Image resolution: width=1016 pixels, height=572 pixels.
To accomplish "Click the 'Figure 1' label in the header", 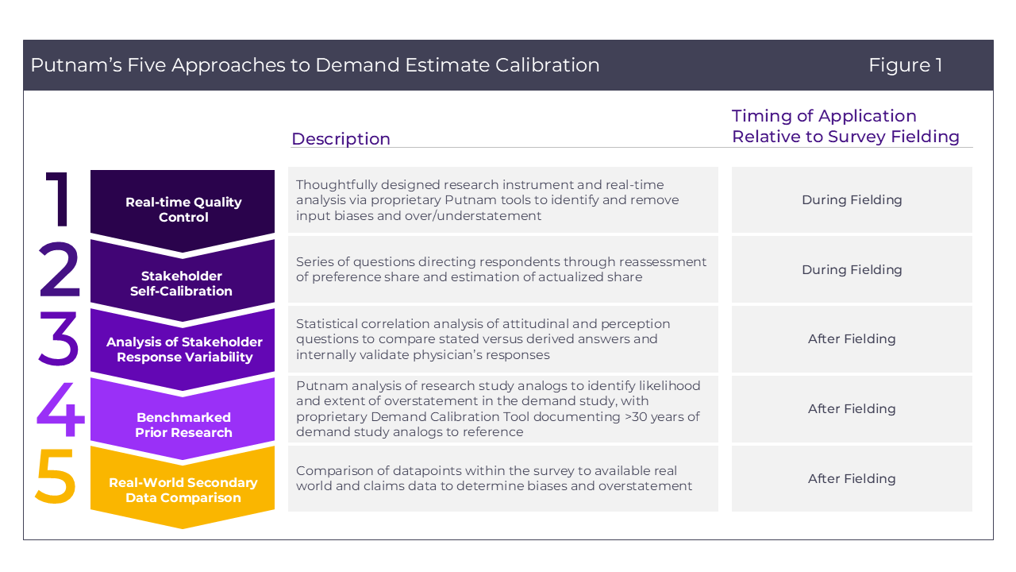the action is point(906,65).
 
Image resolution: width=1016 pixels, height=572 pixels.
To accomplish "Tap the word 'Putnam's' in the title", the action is point(76,65).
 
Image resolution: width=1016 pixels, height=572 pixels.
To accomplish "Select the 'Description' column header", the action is point(341,139).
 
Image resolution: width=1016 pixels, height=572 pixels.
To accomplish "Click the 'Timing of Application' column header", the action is point(824,116).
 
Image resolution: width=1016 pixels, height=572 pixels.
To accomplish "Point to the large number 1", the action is point(58,199).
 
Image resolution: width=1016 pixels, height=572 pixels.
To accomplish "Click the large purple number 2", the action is point(60,269).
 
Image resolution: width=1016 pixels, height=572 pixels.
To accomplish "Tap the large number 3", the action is point(59,338).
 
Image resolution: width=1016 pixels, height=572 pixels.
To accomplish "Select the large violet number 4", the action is point(60,408).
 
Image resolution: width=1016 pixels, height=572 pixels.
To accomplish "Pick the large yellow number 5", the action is point(56,476).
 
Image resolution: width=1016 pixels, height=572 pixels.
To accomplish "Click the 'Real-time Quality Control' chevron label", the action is point(183,209).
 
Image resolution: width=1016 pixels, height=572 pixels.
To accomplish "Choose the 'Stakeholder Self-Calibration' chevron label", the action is point(182,284).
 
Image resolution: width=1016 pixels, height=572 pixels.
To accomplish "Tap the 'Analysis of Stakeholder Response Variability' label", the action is point(184,349).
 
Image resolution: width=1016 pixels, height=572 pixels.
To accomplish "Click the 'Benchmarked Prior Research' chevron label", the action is point(183,424).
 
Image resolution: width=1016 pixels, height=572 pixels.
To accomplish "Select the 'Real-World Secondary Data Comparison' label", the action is point(183,490).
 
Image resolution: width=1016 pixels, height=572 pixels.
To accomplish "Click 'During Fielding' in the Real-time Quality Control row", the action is point(852,199).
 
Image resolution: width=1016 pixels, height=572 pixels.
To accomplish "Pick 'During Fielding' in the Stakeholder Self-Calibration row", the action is point(852,269).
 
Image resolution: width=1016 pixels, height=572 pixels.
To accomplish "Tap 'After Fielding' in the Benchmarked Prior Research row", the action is point(852,408).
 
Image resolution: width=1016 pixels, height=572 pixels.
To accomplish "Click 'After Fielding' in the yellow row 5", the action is point(852,478).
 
